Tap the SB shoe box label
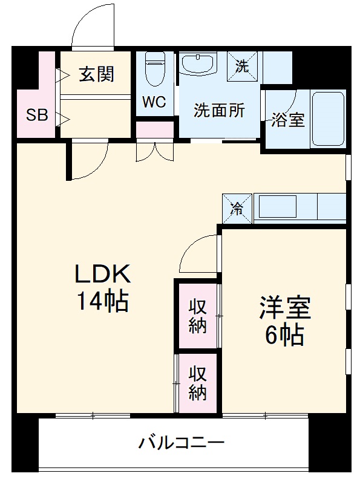point(36,115)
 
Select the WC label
point(154,102)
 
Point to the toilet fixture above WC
point(156,70)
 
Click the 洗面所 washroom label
point(219,111)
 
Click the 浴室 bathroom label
point(287,120)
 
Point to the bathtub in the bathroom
point(327,119)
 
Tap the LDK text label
point(102,275)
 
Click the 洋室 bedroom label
point(284,308)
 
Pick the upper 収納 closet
point(197,316)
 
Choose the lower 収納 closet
point(197,383)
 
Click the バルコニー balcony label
point(182,443)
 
